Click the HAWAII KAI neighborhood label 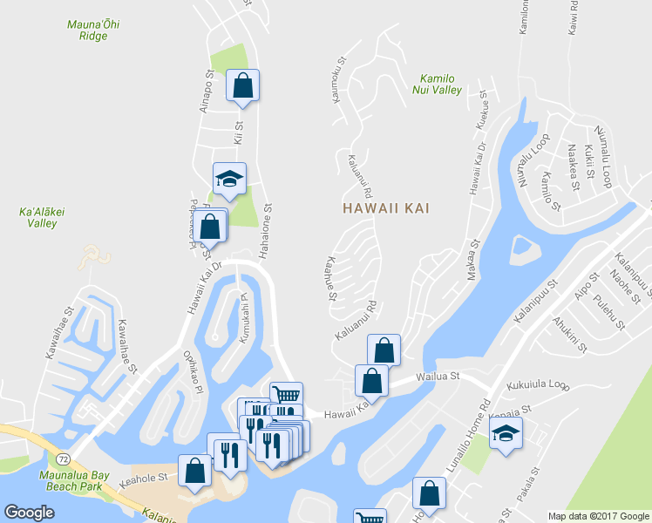tap(387, 209)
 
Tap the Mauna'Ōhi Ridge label tap(93, 31)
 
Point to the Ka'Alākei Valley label tap(37, 217)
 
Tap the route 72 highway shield tap(62, 458)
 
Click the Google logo tap(29, 513)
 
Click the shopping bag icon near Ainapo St tap(242, 86)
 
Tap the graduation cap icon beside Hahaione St tap(230, 179)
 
